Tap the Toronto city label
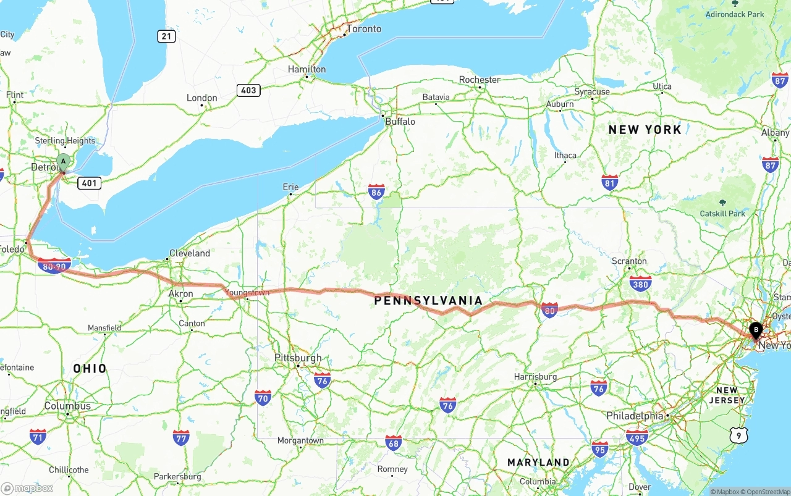tap(363, 29)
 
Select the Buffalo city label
tap(400, 122)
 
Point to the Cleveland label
tap(190, 253)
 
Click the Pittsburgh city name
tap(298, 358)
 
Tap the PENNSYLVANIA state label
tap(428, 301)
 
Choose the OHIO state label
tap(90, 369)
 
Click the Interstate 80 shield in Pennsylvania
tap(549, 310)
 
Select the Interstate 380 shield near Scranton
tap(640, 284)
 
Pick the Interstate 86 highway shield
tap(376, 191)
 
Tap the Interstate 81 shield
tap(610, 182)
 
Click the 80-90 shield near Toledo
tap(54, 266)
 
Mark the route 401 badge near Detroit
tap(89, 183)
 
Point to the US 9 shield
tap(738, 436)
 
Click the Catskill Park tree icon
tap(722, 203)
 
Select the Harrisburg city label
tap(535, 377)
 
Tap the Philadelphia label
tap(635, 416)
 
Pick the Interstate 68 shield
tap(393, 442)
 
